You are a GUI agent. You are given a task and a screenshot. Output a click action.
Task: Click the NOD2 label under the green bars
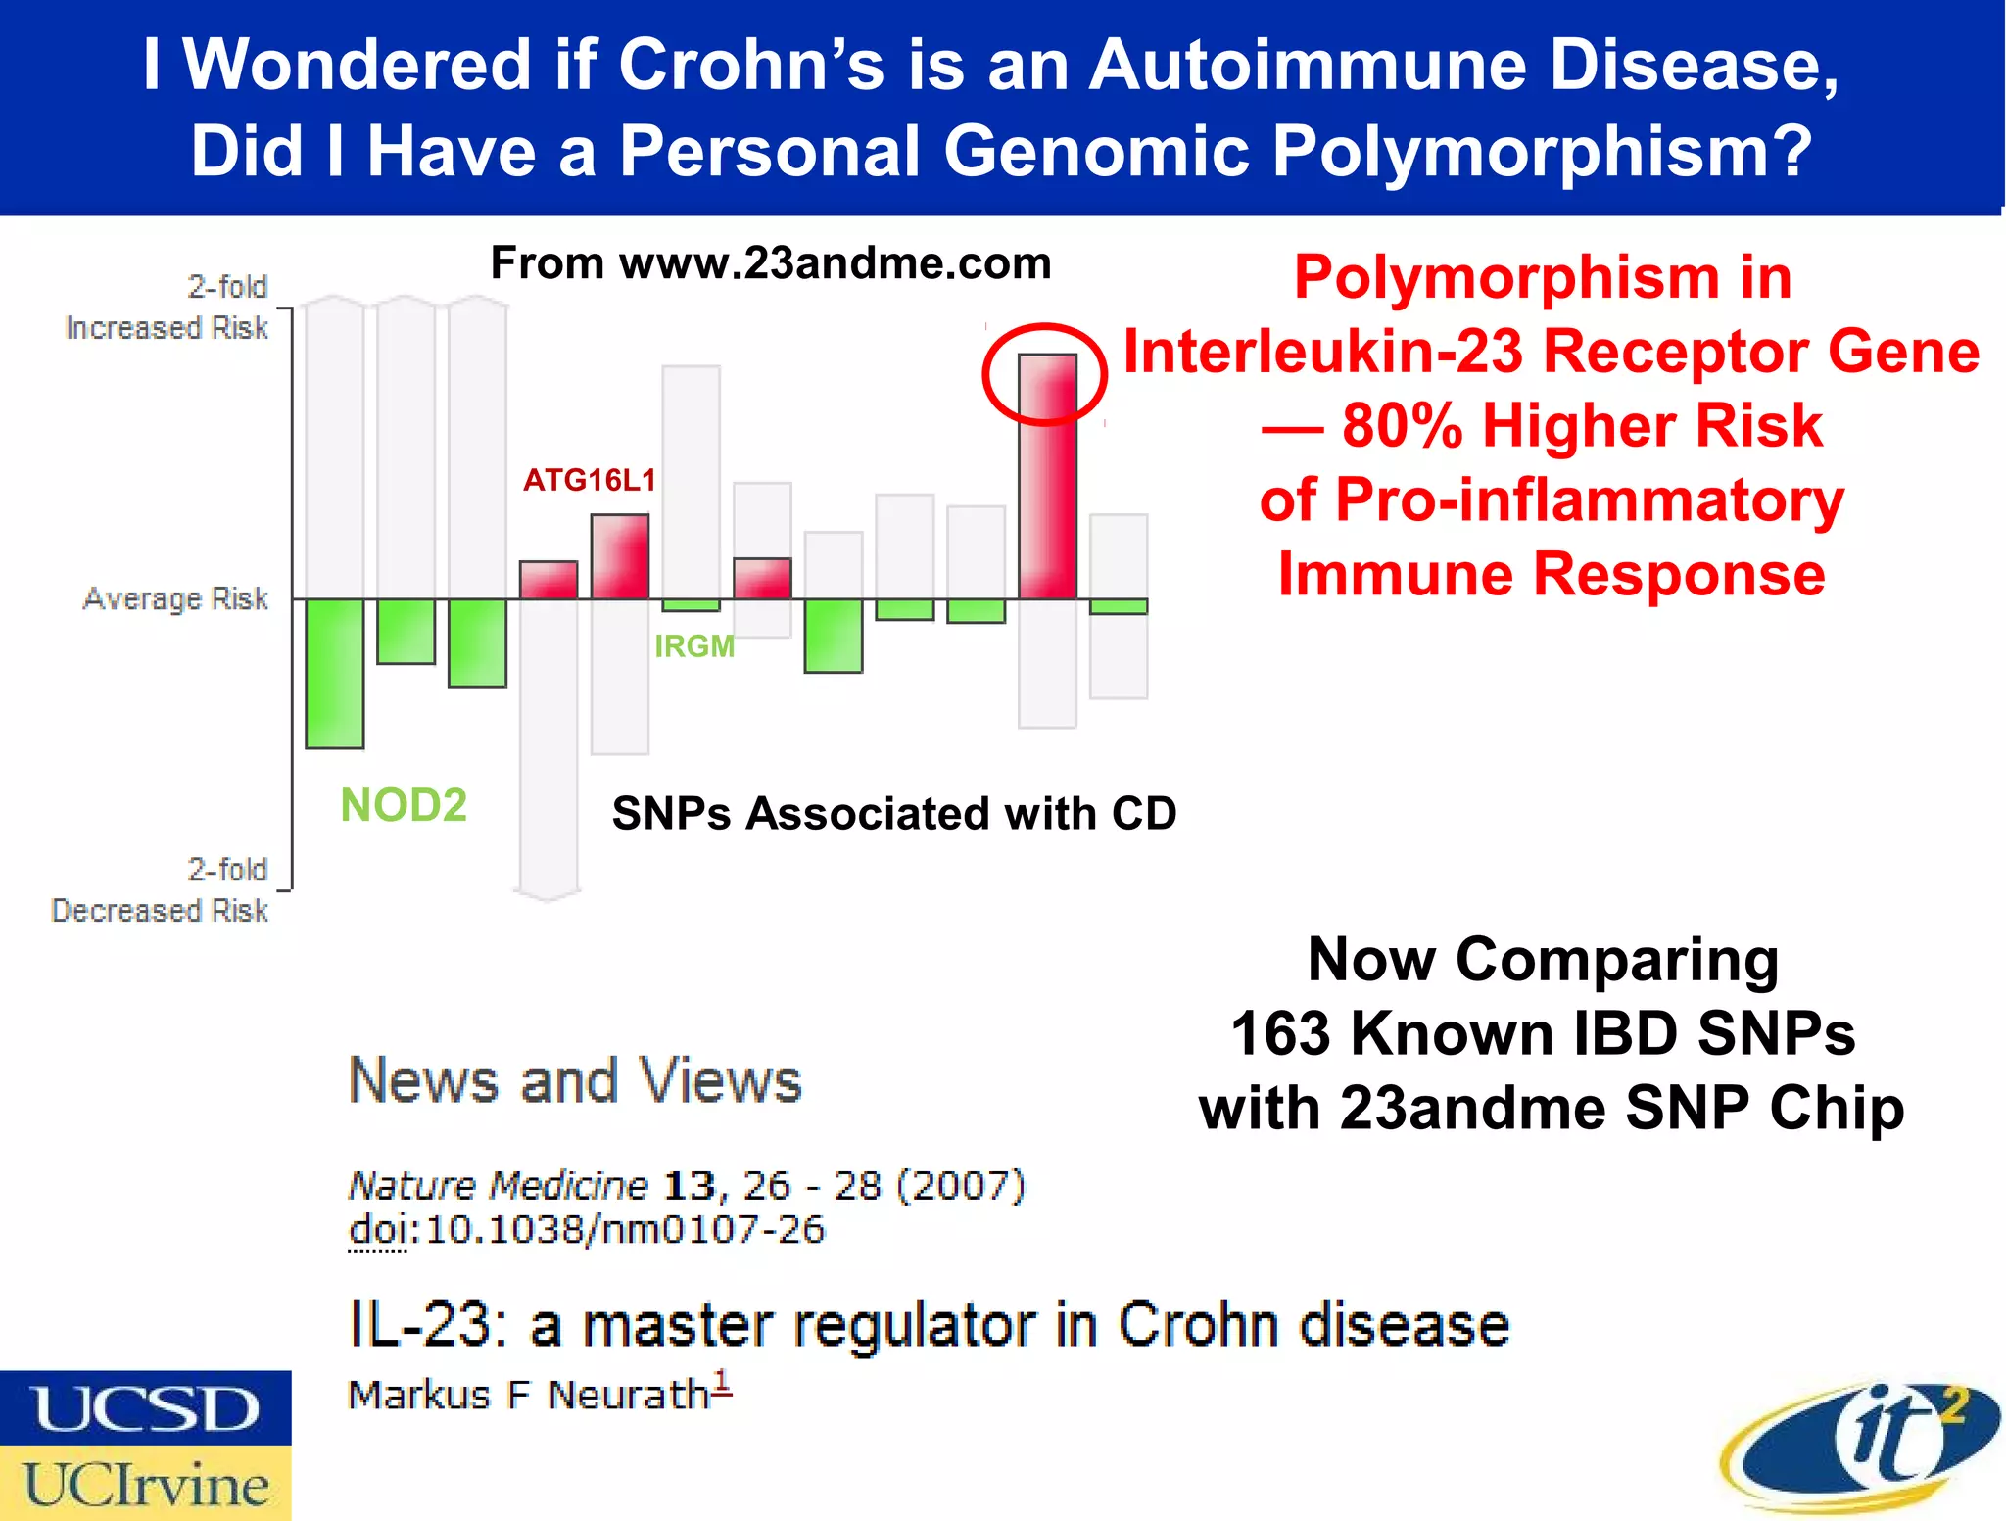404,806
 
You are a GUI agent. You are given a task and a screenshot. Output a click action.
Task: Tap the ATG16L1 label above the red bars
590,480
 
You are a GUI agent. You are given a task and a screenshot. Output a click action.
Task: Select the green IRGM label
694,646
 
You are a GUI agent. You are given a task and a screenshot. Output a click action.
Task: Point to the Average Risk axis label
175,598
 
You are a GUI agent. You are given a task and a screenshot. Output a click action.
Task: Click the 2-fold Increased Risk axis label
167,307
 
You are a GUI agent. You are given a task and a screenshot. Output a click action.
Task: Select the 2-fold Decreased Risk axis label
160,889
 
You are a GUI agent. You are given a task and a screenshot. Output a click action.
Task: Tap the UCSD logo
145,1409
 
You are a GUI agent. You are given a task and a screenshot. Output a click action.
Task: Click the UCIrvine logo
145,1484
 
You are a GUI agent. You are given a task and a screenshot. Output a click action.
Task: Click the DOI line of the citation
587,1230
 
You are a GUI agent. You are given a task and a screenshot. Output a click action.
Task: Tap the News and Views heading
575,1080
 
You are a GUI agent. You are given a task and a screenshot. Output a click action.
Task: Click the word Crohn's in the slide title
750,65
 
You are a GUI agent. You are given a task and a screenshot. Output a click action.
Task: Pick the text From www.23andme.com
771,262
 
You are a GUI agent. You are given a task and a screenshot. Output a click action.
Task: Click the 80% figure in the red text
1402,426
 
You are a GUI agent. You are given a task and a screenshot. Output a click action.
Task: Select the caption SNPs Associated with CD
894,813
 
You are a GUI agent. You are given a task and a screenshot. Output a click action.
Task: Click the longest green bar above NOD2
335,674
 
